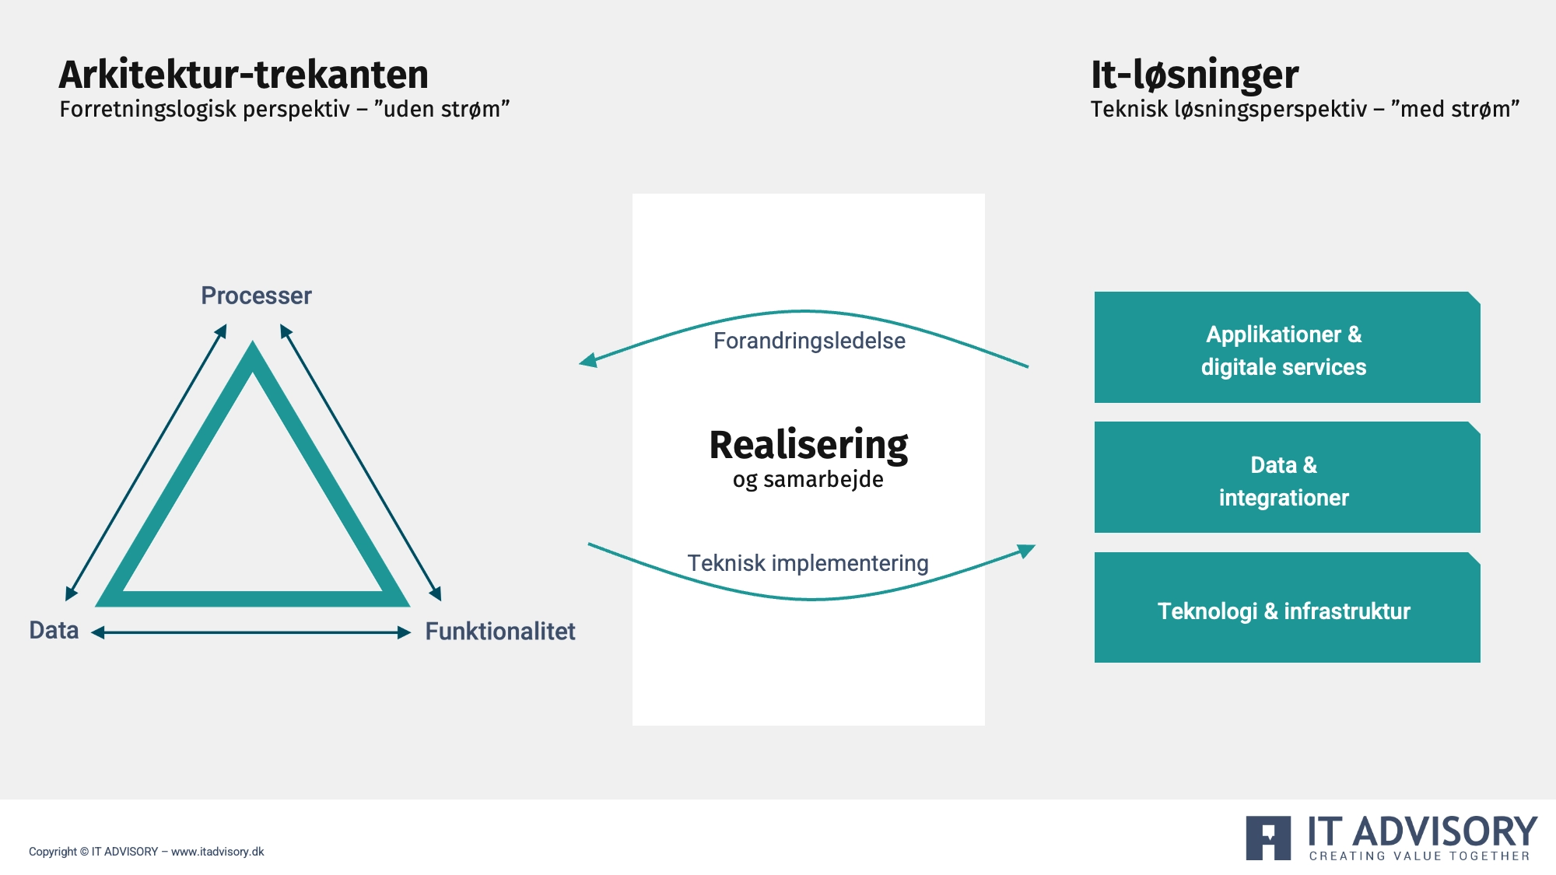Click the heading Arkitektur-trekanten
click(x=244, y=75)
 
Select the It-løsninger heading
click(x=1194, y=76)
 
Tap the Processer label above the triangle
click(x=256, y=296)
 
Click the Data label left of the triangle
click(x=54, y=630)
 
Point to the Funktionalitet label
click(x=500, y=631)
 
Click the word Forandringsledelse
click(x=809, y=341)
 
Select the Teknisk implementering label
click(x=808, y=562)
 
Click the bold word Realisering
click(x=808, y=446)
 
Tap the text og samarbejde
click(x=808, y=480)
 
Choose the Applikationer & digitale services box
click(x=1287, y=347)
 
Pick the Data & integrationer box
click(x=1287, y=477)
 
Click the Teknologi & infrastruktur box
click(x=1287, y=607)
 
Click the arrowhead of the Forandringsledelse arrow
click(x=588, y=360)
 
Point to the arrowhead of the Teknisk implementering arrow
click(x=1027, y=551)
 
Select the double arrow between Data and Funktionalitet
click(x=251, y=632)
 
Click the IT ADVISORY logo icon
click(x=1268, y=838)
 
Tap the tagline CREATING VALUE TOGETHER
click(x=1420, y=856)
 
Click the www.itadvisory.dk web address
click(x=218, y=852)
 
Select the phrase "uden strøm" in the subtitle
click(x=442, y=109)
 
